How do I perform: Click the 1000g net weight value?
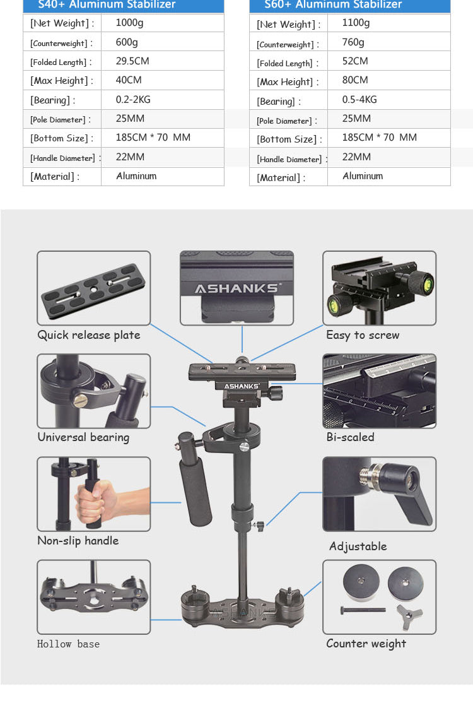click(129, 23)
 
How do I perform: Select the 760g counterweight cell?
click(353, 42)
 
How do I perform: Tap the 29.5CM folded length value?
click(132, 61)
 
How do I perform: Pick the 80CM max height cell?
click(355, 80)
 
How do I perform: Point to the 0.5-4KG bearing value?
click(359, 100)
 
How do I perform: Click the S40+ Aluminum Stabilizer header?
click(107, 5)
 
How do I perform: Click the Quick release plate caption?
click(89, 335)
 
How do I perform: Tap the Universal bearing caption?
click(83, 437)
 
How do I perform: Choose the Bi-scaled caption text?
click(350, 437)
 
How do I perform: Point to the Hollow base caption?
click(68, 644)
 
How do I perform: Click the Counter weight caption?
click(366, 644)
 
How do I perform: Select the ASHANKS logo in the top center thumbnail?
click(237, 289)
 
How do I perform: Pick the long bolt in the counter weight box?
click(363, 610)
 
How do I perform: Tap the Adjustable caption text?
click(358, 546)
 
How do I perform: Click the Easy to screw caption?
click(363, 335)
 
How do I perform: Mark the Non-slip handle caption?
click(78, 541)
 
